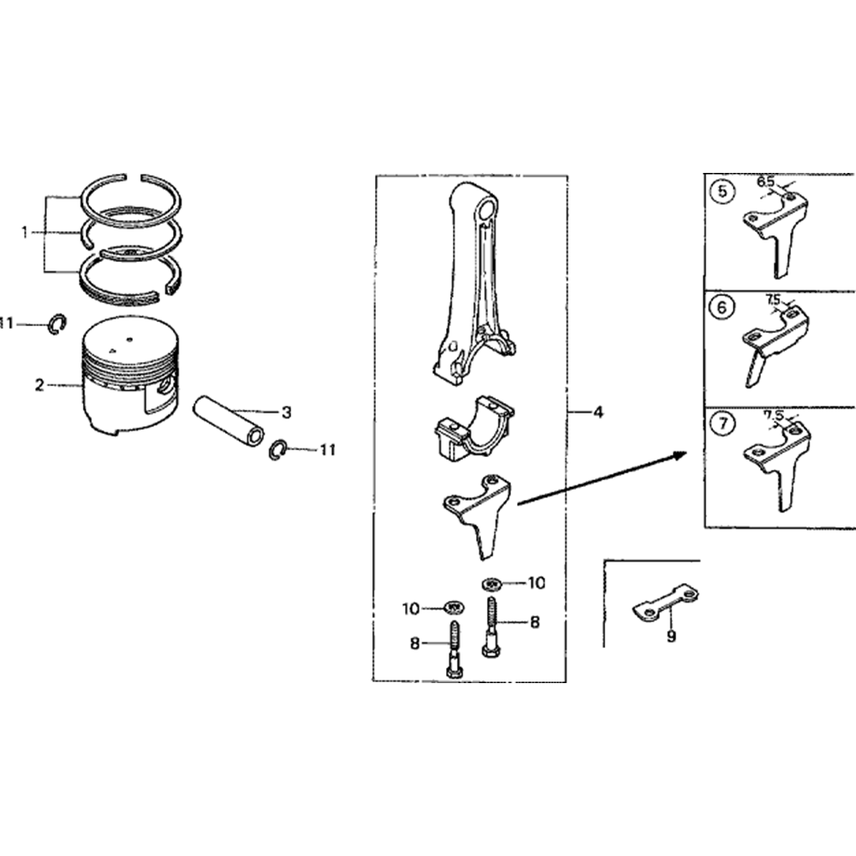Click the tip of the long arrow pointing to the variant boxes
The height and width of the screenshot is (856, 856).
tap(687, 453)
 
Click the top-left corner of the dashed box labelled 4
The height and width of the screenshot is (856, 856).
tap(376, 175)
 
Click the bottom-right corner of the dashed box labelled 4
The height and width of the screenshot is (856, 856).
tap(566, 681)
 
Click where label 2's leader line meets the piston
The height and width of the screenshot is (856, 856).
tap(83, 386)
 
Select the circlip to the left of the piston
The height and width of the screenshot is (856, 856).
tap(56, 324)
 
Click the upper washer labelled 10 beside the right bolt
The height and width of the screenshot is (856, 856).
tap(491, 584)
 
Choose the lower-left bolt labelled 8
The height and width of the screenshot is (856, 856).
tap(455, 650)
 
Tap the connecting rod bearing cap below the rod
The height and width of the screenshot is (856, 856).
tap(474, 429)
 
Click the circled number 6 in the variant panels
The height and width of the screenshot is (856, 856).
tap(722, 307)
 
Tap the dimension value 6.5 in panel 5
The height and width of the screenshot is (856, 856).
tap(765, 181)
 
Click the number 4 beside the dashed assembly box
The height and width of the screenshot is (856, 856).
tap(598, 413)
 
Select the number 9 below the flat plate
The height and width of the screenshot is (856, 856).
tap(671, 636)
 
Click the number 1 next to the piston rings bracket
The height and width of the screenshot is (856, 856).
tap(24, 233)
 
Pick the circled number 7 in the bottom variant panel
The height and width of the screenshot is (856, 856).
tap(723, 424)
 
